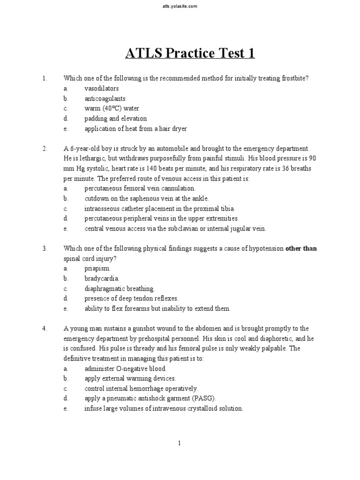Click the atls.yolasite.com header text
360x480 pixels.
pyautogui.click(x=180, y=6)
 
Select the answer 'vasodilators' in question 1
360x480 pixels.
pyautogui.click(x=101, y=89)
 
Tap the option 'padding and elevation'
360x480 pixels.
pyautogui.click(x=115, y=119)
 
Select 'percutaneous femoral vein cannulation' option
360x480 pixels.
pyautogui.click(x=140, y=188)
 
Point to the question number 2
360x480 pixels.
pyautogui.click(x=45, y=149)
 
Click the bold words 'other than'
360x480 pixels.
pyautogui.click(x=301, y=248)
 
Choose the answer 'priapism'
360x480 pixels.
pyautogui.click(x=97, y=269)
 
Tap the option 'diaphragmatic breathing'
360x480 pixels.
pyautogui.click(x=119, y=289)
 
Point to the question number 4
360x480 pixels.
pyautogui.click(x=45, y=329)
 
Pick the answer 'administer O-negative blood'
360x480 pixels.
pyautogui.click(x=125, y=368)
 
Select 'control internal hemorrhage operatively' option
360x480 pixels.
pyautogui.click(x=141, y=389)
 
